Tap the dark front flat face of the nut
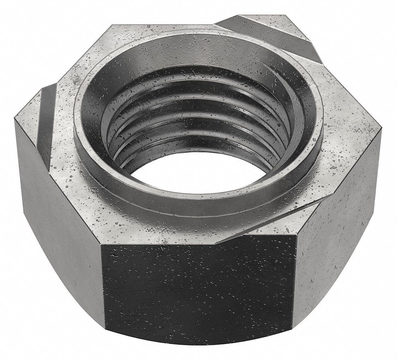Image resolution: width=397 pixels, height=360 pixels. coord(198,293)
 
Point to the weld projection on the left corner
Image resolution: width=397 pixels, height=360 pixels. coord(46,116)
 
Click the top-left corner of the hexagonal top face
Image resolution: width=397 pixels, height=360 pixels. coord(112,25)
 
